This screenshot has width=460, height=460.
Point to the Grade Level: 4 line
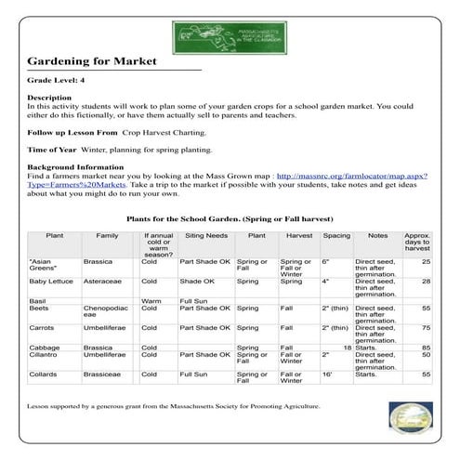(x=57, y=83)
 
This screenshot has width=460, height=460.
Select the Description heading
(x=49, y=97)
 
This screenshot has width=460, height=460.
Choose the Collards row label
(x=44, y=374)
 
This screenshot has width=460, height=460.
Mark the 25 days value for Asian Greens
(x=426, y=262)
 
